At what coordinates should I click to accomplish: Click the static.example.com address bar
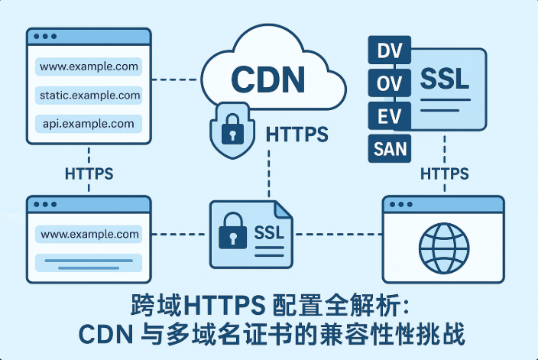89,96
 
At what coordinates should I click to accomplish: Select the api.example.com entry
89,123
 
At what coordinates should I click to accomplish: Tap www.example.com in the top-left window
89,66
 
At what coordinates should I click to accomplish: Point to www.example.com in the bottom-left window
89,234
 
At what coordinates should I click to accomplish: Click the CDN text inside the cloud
267,78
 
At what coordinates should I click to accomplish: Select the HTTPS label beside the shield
297,135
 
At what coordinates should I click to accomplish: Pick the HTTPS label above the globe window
446,174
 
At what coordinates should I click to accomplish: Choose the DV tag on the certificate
391,52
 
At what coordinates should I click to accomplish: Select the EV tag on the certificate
391,116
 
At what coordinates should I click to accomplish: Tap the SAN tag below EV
391,148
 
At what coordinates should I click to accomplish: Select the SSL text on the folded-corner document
268,232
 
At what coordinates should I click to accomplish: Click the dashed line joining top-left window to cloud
177,78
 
